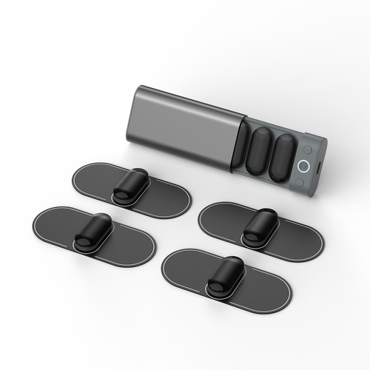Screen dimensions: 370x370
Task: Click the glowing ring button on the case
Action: click(304, 166)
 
